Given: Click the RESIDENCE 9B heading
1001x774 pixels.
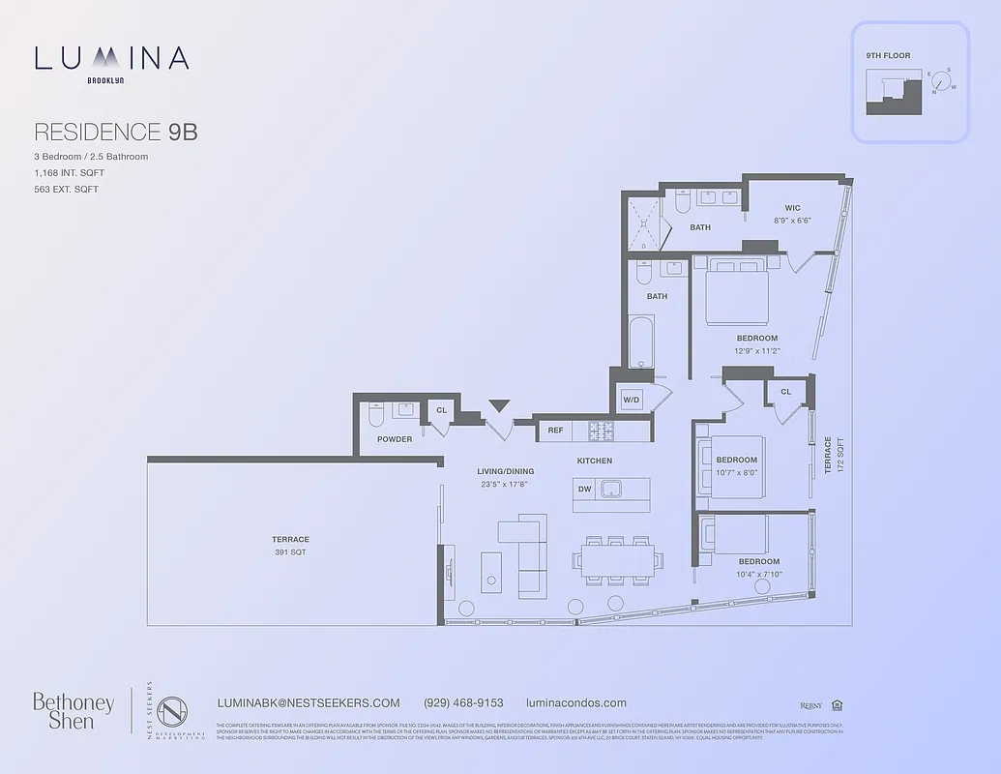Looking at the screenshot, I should point(115,132).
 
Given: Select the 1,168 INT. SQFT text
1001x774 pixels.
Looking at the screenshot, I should point(69,172).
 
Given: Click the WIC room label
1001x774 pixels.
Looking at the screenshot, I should point(792,207).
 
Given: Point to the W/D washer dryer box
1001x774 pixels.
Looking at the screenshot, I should point(632,400).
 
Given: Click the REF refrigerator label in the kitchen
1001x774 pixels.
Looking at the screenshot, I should point(555,430).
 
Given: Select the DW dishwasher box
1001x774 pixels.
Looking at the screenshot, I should point(584,489).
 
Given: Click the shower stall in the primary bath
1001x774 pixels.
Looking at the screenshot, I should point(642,223).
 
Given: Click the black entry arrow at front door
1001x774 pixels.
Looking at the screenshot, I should point(499,405).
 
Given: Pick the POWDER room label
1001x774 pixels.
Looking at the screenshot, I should point(395,439).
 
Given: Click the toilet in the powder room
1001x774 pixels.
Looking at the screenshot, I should point(377,413).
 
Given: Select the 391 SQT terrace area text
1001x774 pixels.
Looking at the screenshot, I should point(289,552).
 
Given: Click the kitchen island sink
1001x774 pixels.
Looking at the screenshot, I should point(611,488).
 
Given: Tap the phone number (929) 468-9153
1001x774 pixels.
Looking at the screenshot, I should point(463,703).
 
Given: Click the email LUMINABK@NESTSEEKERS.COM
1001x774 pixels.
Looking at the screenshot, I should point(309,703).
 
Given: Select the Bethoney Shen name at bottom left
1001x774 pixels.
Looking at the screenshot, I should point(74,710).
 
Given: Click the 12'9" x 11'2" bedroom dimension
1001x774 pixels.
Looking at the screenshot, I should point(756,350).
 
